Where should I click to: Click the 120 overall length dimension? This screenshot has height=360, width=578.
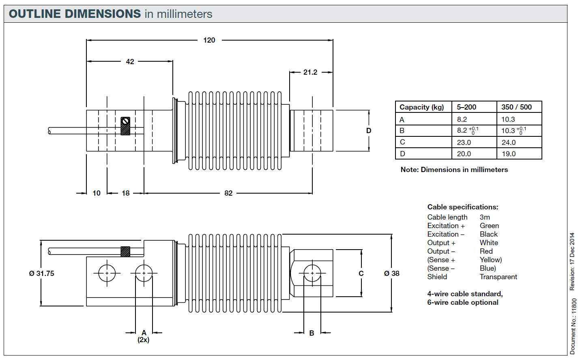click(209, 40)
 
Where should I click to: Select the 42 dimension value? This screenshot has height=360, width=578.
click(130, 62)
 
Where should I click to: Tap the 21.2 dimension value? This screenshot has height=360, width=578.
click(310, 72)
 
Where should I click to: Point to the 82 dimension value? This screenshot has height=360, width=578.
click(228, 193)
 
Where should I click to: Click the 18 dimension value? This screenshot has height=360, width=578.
click(126, 193)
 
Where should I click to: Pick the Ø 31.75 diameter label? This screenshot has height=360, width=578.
click(41, 274)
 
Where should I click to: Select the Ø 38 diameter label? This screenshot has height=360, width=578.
click(392, 274)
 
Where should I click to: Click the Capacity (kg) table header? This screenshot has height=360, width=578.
click(421, 107)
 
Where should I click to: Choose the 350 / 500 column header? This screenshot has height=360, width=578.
click(516, 107)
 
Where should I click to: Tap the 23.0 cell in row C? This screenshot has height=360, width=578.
click(464, 142)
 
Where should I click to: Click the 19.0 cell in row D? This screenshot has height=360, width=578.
click(509, 154)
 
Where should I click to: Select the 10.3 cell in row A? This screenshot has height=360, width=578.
click(508, 119)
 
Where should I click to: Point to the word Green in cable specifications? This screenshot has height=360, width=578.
click(489, 226)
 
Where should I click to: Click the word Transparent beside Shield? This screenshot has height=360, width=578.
click(498, 277)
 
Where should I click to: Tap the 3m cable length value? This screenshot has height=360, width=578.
click(485, 217)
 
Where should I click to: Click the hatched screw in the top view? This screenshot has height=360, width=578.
click(125, 126)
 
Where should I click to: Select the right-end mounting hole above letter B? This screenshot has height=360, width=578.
click(312, 273)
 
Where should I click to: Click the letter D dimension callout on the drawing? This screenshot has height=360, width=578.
click(369, 131)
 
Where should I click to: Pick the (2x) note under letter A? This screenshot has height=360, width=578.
click(144, 340)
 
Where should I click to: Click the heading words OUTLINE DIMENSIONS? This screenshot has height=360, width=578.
click(75, 14)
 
